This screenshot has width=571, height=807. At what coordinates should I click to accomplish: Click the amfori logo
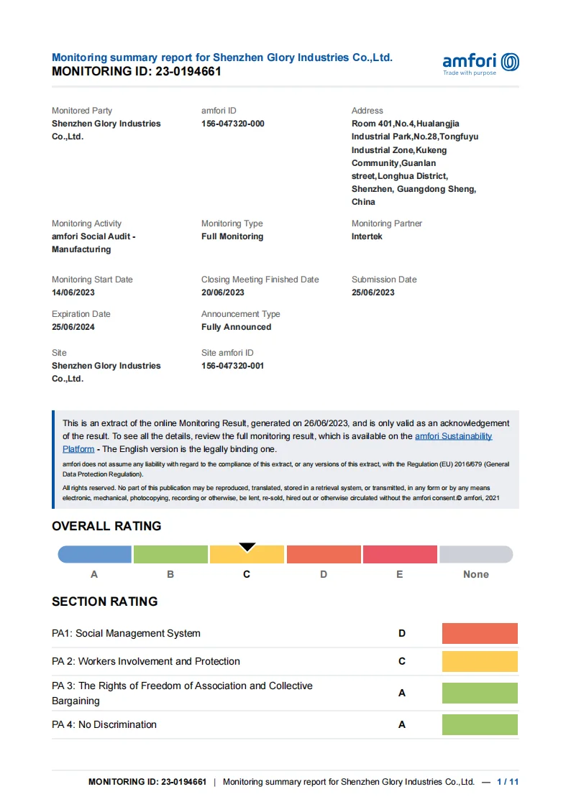coord(480,63)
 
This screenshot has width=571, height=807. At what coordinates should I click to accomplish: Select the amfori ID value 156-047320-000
coord(232,124)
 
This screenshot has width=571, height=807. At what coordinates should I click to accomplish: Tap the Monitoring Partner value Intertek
coord(367,236)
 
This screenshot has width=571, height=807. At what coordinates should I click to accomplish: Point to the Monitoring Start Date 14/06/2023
coord(73,292)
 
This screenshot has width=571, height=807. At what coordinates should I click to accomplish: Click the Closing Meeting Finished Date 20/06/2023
coord(222,292)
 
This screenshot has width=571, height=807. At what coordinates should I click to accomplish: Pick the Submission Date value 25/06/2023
coord(373,292)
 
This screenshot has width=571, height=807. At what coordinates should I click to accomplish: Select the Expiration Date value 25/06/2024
coord(73,327)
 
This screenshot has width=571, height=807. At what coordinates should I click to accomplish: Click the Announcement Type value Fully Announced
coord(236,327)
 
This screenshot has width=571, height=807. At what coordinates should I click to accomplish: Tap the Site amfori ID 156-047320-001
coord(232,366)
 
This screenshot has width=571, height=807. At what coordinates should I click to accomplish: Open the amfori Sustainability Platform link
coord(453,436)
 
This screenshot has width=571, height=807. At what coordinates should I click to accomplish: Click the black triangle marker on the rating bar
coord(247,548)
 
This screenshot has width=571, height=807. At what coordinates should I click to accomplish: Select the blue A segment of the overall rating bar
coord(94,554)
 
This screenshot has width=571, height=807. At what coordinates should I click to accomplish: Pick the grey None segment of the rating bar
coord(476,554)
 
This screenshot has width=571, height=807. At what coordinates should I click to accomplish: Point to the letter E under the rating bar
coord(399,574)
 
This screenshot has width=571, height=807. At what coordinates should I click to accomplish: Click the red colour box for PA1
coord(480,633)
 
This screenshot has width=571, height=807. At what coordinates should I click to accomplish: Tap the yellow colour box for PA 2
coord(480,661)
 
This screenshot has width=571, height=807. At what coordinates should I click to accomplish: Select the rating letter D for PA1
coord(402,633)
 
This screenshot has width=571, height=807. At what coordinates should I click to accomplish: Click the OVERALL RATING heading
coord(106,526)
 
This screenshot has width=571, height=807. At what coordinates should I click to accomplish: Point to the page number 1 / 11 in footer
coord(508,782)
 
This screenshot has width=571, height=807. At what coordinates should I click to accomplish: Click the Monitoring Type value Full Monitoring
coord(232,236)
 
